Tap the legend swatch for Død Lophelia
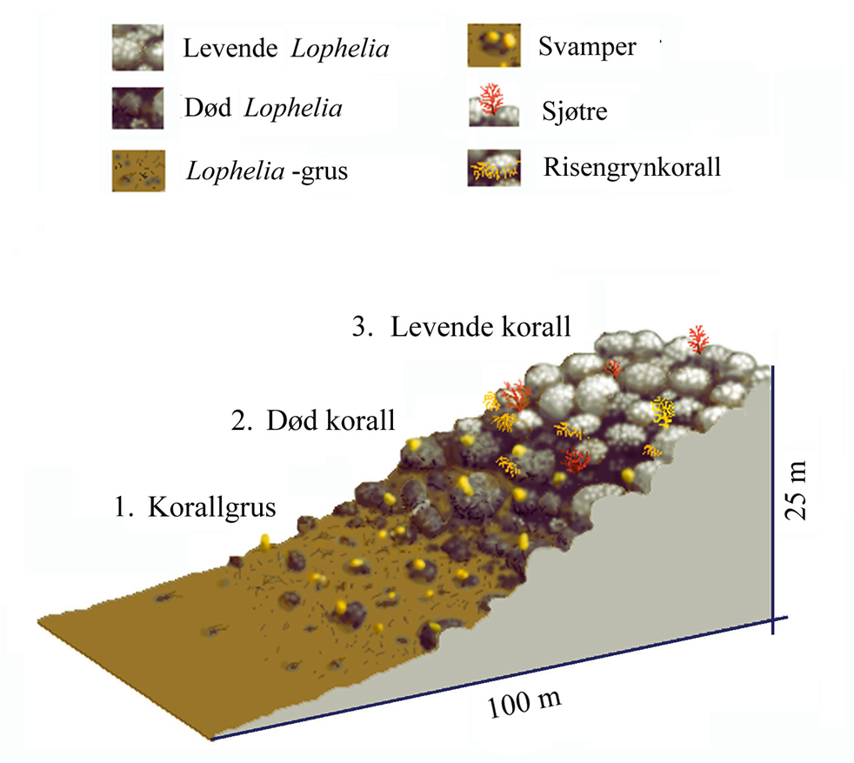(x=137, y=109)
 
